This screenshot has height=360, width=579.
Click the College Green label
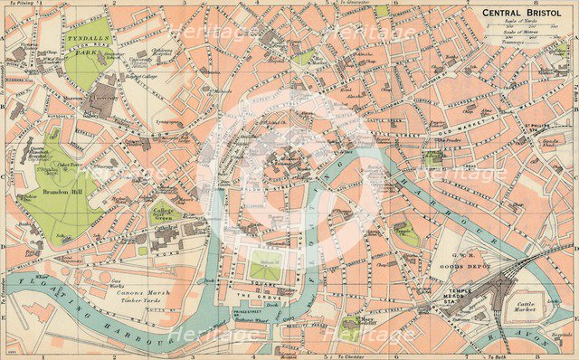[x=166, y=213]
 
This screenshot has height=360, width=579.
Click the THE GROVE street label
[x=265, y=296]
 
